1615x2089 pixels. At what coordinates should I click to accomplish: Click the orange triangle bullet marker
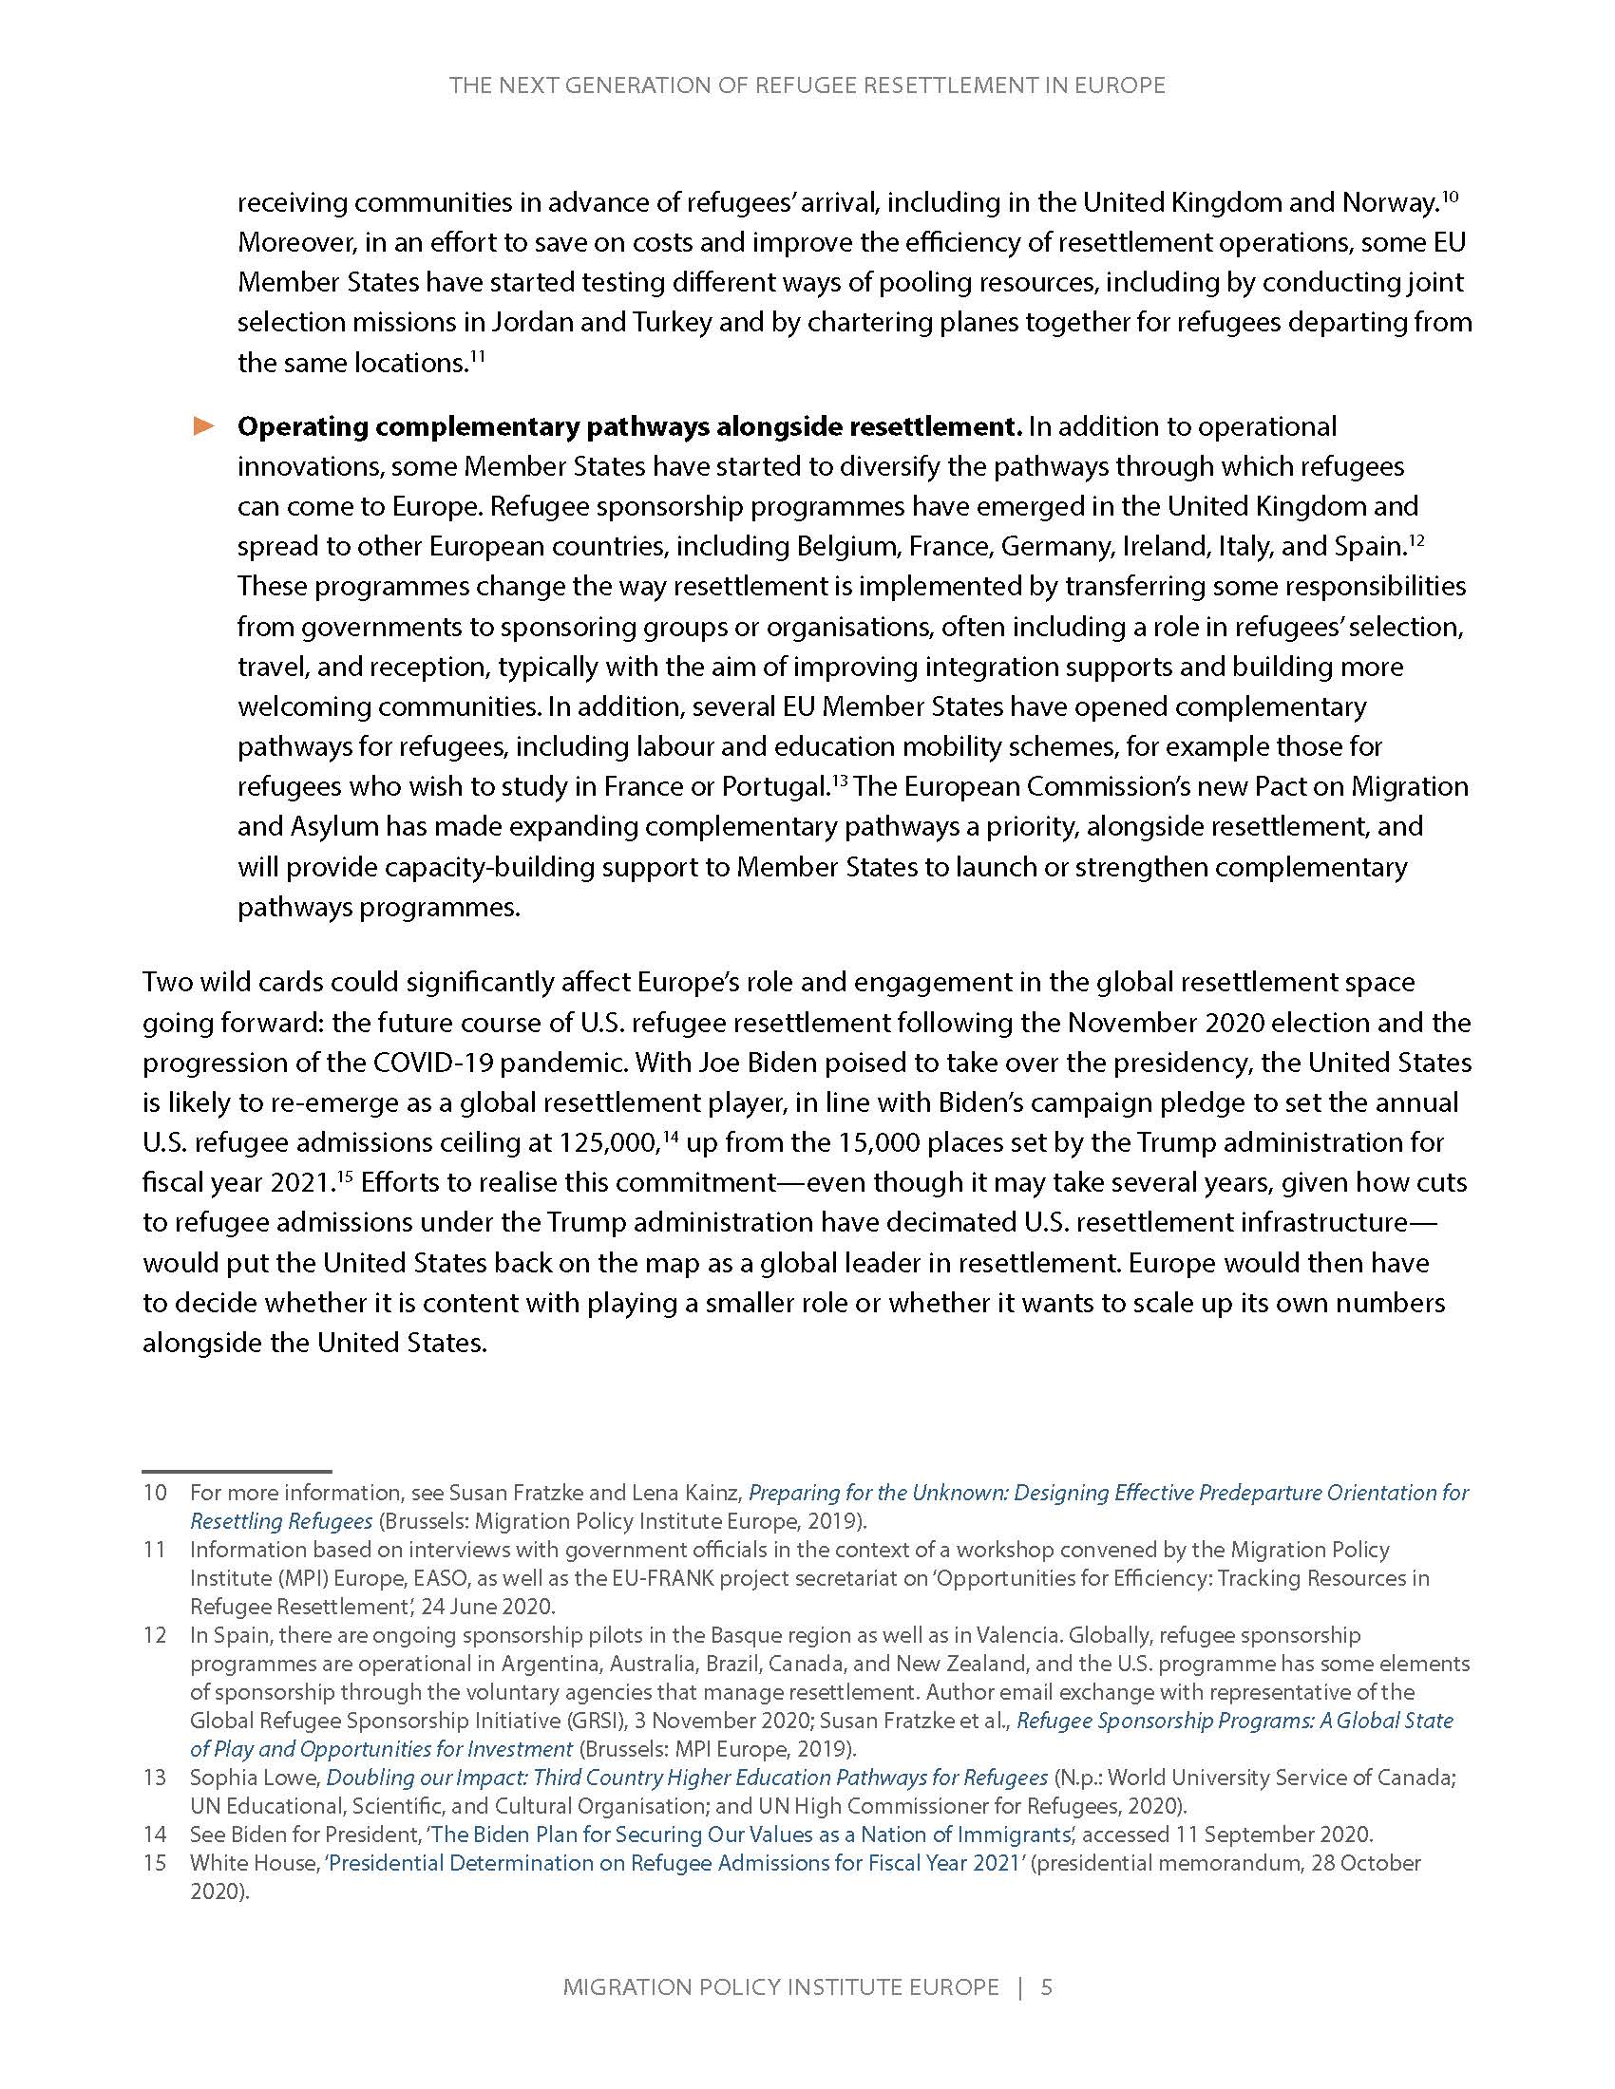coord(204,425)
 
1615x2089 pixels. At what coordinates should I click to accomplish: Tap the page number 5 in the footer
coord(1046,1986)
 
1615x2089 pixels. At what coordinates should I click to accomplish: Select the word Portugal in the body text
coord(774,786)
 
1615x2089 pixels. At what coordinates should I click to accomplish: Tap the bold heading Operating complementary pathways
coord(630,426)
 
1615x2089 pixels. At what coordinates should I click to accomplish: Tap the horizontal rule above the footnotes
coord(237,1471)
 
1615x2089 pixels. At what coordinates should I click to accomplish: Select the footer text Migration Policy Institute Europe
coord(781,1986)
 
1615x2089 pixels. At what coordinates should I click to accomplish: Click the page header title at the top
coord(807,86)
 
